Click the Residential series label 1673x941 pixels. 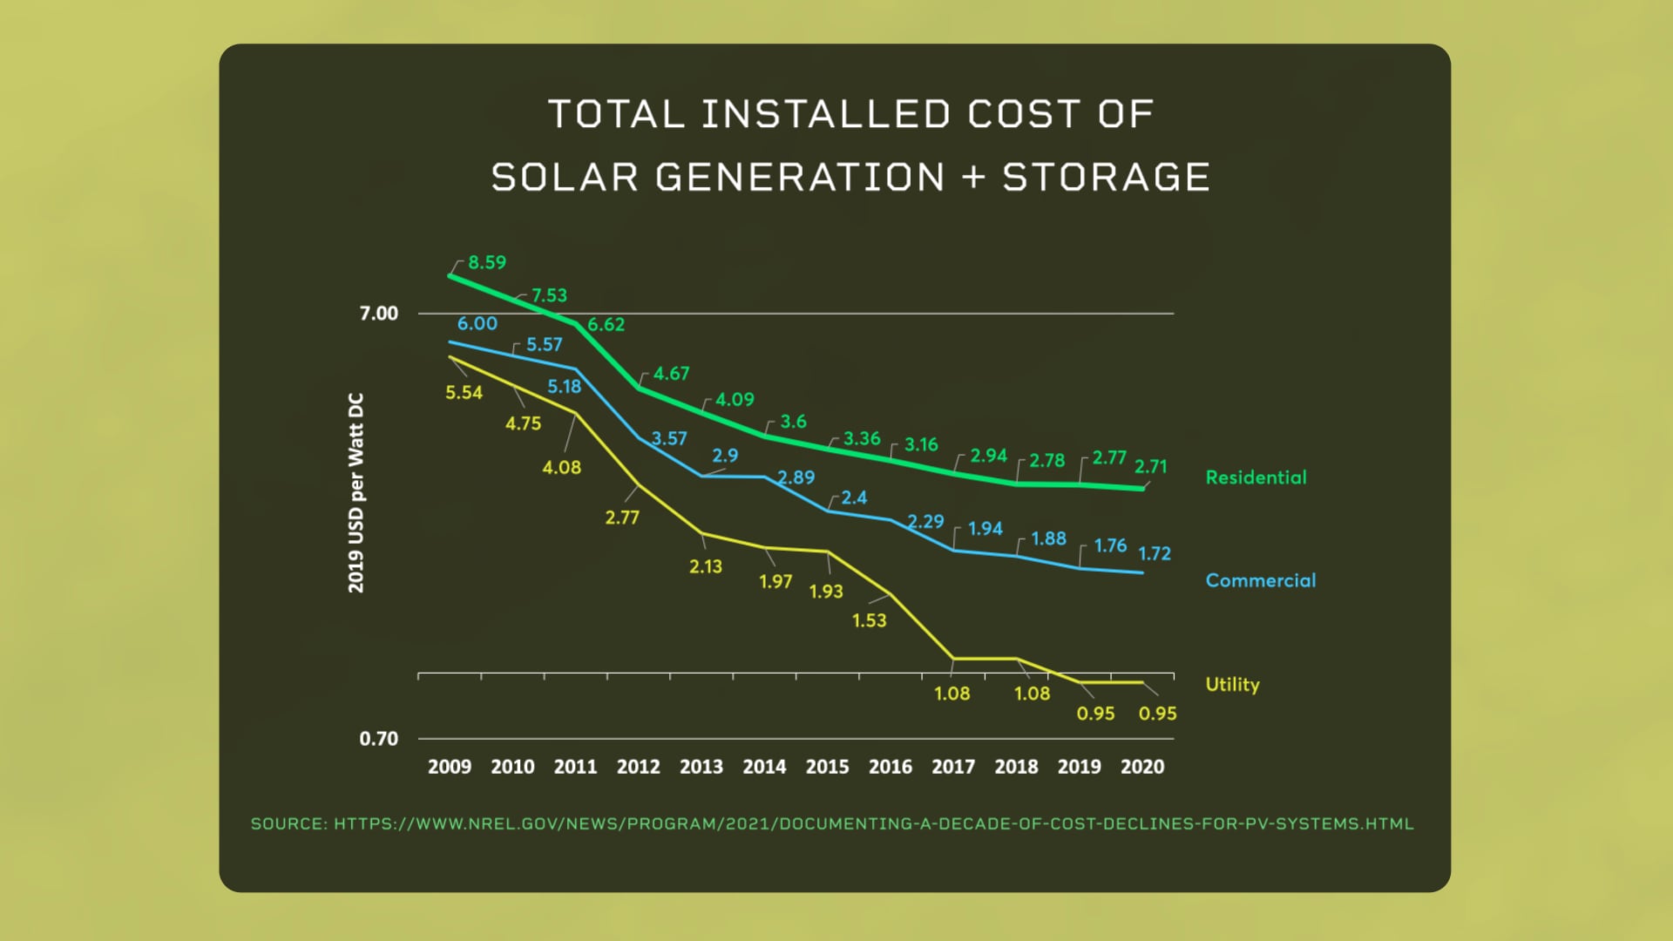pos(1256,477)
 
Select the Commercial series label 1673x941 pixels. pos(1260,580)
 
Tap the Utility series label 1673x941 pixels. pos(1232,684)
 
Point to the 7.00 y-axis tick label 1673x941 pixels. pos(378,314)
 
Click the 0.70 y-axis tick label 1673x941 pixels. pos(378,739)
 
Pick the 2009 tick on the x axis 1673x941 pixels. pos(450,767)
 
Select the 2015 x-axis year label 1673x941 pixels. pos(827,767)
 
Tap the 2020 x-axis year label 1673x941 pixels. pos(1141,767)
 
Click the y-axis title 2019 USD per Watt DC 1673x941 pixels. pos(356,493)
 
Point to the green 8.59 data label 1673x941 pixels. pos(487,262)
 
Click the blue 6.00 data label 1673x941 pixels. pos(478,323)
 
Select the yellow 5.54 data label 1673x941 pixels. pos(464,393)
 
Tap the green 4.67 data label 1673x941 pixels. pos(671,374)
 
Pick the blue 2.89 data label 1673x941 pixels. pos(796,477)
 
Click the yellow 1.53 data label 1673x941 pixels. pos(869,620)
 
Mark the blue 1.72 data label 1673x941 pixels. pos(1155,553)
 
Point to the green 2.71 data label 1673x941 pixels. pos(1150,466)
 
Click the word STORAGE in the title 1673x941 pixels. pos(1106,178)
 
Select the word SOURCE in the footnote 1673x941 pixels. pos(288,823)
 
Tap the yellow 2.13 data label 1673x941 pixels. pos(706,566)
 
